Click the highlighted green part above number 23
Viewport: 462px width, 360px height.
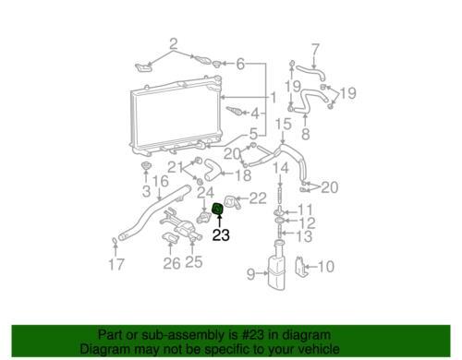point(217,210)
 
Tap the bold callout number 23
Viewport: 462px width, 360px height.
point(221,235)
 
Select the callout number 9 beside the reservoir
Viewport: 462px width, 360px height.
point(251,274)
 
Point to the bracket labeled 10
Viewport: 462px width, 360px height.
point(301,267)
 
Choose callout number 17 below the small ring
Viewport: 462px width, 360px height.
point(116,265)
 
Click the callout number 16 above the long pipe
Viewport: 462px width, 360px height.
point(161,181)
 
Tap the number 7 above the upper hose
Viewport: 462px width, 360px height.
point(316,50)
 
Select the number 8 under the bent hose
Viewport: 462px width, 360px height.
point(305,134)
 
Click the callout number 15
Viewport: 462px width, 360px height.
point(283,124)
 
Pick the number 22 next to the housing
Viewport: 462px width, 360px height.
point(258,198)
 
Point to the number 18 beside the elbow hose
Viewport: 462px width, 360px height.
point(243,175)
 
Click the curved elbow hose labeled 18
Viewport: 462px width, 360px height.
point(212,170)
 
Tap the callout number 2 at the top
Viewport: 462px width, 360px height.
point(174,44)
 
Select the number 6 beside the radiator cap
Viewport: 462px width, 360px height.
point(240,64)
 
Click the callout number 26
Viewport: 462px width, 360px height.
point(172,263)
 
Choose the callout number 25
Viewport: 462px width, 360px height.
point(194,262)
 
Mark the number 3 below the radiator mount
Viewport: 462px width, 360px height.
point(146,191)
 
